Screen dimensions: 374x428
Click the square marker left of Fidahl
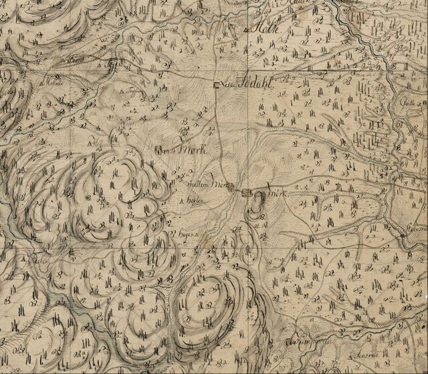click(x=217, y=85)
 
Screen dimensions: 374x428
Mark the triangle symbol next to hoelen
click(x=181, y=200)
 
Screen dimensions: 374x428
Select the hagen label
click(x=184, y=234)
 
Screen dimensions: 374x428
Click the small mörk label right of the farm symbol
click(x=276, y=194)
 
